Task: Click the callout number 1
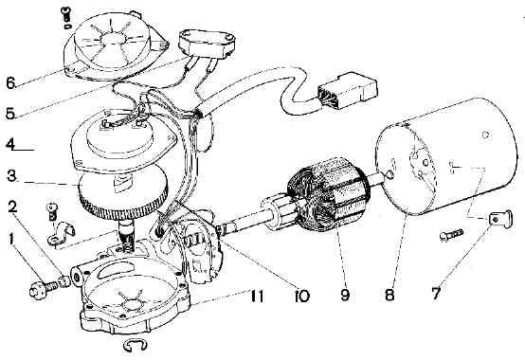11,240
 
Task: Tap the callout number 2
12,207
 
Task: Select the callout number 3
11,176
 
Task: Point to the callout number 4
10,145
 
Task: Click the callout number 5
10,113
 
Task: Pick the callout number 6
10,82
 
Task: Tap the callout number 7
436,294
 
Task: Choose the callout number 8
389,295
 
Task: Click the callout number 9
345,295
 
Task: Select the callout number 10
301,296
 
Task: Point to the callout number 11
257,296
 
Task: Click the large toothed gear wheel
123,194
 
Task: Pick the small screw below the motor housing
451,235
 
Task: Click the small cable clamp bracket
62,232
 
